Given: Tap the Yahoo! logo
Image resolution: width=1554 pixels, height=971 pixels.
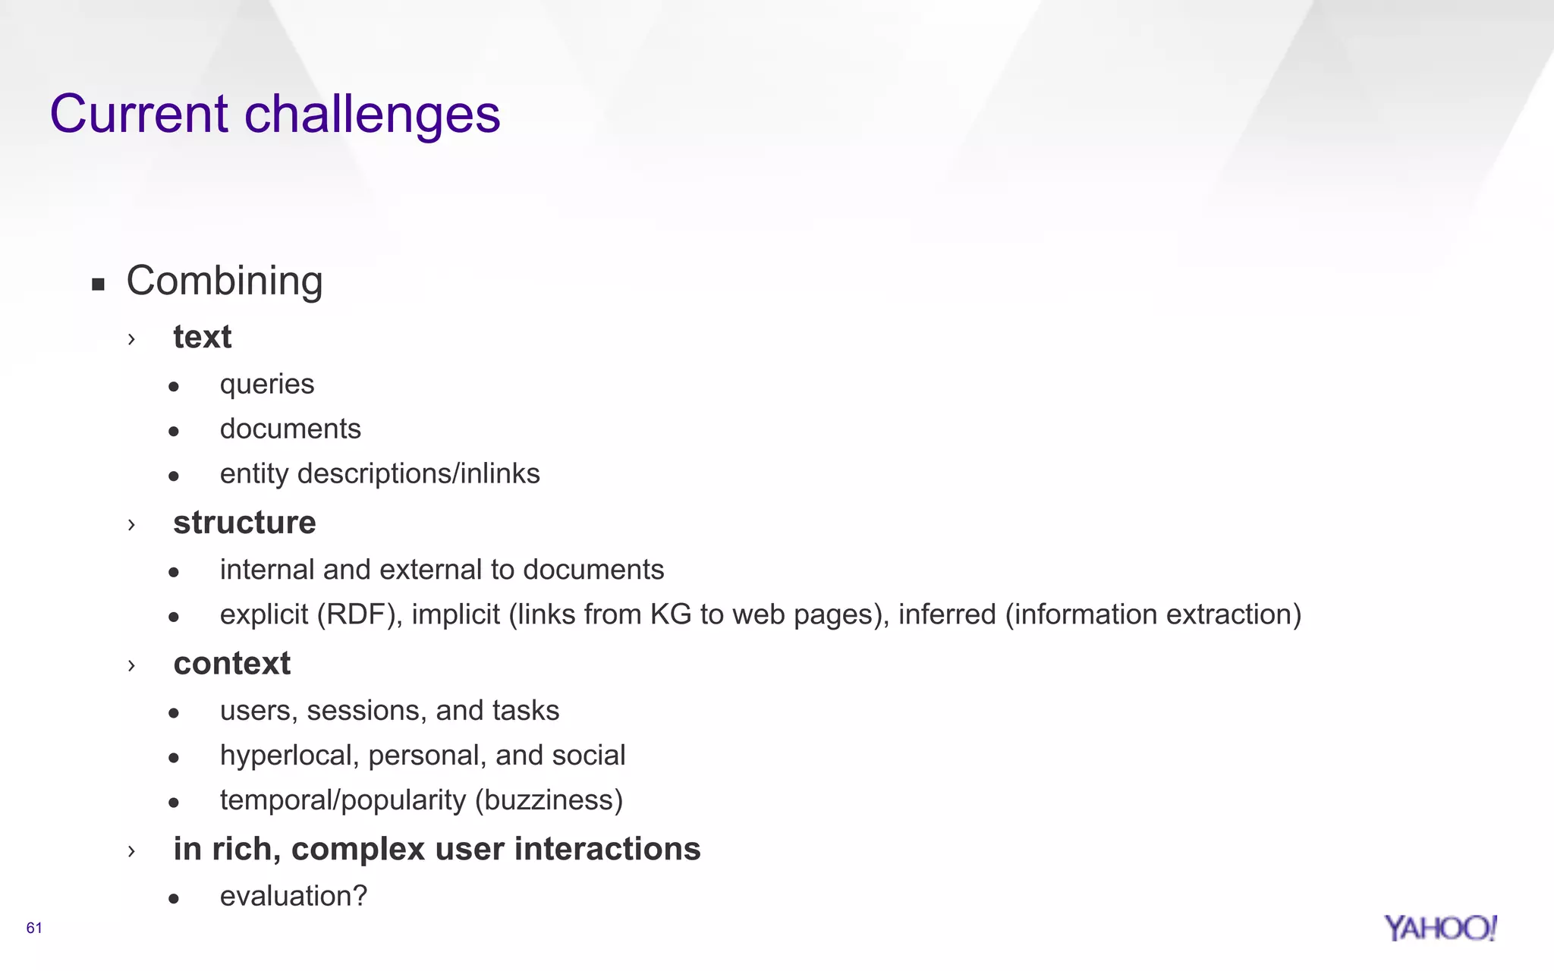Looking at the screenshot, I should (x=1439, y=928).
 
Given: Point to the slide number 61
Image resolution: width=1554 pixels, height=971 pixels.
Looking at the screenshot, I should (x=34, y=928).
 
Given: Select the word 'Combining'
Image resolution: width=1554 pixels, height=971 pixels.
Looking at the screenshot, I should (x=225, y=281).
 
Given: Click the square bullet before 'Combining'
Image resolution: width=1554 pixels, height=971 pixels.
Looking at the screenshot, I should (x=98, y=284).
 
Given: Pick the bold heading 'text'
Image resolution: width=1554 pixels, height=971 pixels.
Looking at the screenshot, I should (x=202, y=337).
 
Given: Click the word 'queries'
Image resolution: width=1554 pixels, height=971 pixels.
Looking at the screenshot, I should (x=267, y=385).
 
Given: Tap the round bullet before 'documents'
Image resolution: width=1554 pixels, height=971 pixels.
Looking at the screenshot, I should (x=174, y=432).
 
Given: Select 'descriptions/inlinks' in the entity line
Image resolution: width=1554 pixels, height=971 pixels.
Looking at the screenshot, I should (x=418, y=473).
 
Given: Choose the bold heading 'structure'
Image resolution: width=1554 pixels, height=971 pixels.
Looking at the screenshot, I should (x=244, y=523).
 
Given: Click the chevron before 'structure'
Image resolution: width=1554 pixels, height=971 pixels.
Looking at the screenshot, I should (x=131, y=524).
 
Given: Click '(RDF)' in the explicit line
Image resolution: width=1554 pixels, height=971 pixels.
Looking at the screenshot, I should (x=359, y=614).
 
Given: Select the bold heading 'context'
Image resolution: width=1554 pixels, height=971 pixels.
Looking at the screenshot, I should (x=231, y=664).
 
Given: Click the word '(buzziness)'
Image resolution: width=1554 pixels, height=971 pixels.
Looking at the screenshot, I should (x=549, y=800).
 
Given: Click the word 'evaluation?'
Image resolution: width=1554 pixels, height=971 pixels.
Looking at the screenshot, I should (x=294, y=897).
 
